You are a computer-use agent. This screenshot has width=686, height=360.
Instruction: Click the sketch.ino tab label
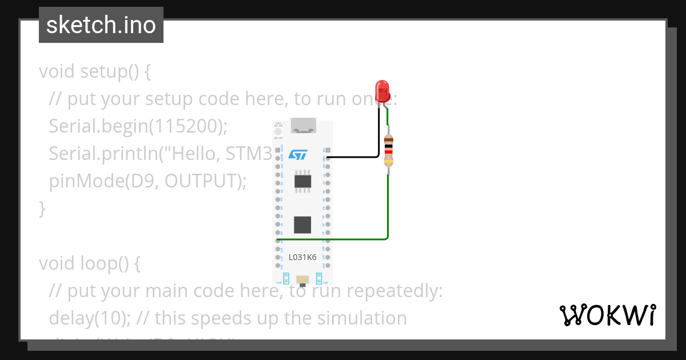tap(101, 25)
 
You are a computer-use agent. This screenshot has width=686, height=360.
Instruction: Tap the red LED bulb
tap(382, 90)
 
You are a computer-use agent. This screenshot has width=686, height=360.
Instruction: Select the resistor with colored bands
tap(389, 150)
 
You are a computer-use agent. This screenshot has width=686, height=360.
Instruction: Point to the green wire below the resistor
tap(388, 206)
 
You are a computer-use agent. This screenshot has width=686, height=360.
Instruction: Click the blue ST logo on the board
tap(298, 155)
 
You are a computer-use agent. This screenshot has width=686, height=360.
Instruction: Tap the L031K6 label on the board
tap(302, 257)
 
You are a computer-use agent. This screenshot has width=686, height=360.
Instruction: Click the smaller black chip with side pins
tap(302, 181)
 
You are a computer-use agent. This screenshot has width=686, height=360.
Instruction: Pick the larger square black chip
tap(302, 225)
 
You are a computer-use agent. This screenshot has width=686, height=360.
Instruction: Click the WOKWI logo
tap(608, 315)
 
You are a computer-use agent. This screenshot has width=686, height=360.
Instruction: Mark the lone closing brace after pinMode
tap(42, 208)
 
